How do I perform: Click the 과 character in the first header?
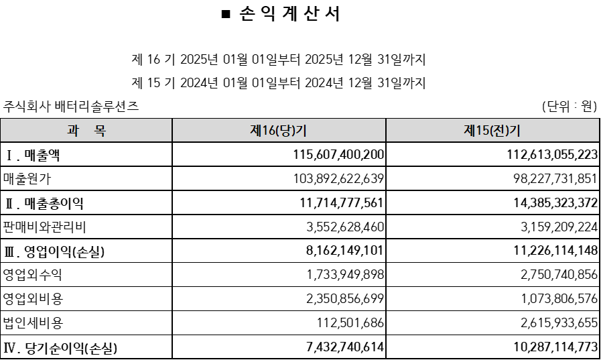pos(73,131)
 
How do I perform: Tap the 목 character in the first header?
pos(99,131)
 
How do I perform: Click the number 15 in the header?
pos(481,131)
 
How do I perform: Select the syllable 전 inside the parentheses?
pos(500,131)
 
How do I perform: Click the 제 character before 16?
pos(255,131)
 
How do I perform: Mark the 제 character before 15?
pos(469,131)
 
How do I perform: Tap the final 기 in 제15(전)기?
pos(515,131)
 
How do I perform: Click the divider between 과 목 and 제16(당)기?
pos(172,130)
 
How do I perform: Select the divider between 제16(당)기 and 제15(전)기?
pos(386,130)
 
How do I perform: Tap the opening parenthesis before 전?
pos(491,131)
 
